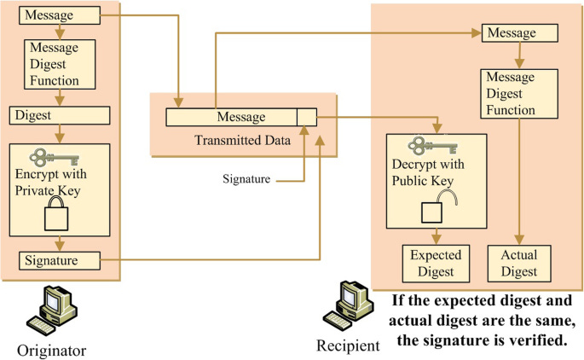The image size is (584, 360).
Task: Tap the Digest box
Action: pyautogui.click(x=59, y=114)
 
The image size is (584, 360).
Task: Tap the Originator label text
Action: pyautogui.click(x=52, y=350)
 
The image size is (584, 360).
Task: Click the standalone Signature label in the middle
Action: pyautogui.click(x=246, y=180)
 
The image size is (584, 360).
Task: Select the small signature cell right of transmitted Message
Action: pyautogui.click(x=307, y=117)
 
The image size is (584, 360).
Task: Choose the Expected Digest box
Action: pyautogui.click(x=437, y=264)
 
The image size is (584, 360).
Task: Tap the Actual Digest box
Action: pyautogui.click(x=519, y=264)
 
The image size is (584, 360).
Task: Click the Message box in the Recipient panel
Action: pyautogui.click(x=519, y=33)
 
